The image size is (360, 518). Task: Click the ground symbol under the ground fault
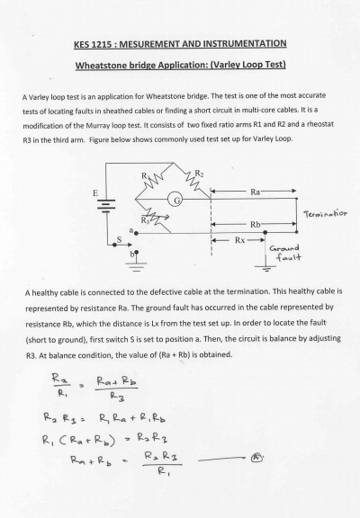click(x=265, y=266)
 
